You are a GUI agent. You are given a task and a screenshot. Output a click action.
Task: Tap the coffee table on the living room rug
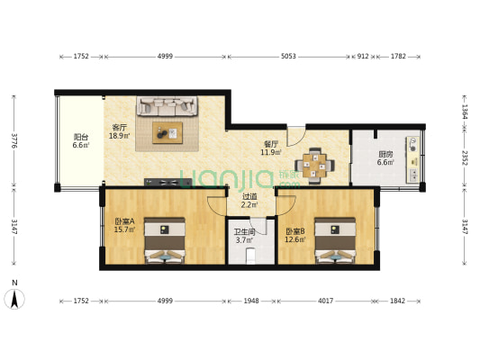point(167,132)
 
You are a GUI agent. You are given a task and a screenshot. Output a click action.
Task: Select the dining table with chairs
point(315,163)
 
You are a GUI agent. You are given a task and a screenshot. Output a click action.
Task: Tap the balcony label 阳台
point(80,137)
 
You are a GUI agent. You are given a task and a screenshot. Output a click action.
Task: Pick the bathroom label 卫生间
point(245,231)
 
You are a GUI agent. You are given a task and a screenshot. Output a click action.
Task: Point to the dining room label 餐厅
point(271,143)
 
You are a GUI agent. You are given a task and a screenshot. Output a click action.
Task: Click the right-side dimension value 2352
point(464,157)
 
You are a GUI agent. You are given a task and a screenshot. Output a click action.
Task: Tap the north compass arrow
point(14,295)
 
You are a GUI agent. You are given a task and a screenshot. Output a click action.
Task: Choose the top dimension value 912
point(362,57)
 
